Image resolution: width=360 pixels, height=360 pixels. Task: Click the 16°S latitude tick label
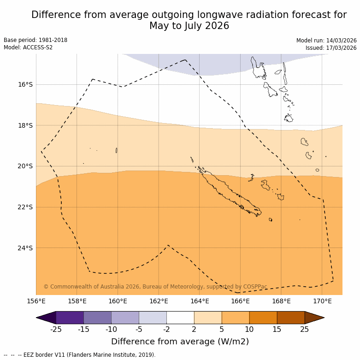[25, 84]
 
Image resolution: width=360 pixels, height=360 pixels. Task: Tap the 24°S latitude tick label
[25, 248]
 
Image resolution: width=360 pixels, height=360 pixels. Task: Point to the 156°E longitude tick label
[36, 301]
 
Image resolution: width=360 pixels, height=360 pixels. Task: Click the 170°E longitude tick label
[322, 301]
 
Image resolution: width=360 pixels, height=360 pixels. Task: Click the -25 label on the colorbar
[56, 329]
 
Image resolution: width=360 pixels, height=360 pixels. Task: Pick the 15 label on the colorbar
[277, 329]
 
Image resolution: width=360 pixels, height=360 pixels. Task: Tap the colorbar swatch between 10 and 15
[263, 318]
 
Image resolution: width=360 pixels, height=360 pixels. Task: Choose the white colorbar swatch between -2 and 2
[180, 318]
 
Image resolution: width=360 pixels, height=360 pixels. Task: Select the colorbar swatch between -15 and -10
[97, 318]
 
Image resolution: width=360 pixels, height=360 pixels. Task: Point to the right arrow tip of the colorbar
[323, 318]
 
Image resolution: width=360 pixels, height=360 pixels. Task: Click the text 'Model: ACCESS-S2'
[28, 47]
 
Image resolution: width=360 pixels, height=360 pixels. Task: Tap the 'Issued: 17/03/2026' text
[331, 48]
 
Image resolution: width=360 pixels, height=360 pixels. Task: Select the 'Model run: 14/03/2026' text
[326, 41]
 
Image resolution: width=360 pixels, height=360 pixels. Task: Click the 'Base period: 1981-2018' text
[35, 40]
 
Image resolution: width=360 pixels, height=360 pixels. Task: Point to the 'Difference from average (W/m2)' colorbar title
[180, 342]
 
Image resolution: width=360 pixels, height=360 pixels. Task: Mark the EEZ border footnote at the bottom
[80, 355]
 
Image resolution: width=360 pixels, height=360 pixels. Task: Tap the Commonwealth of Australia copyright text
[155, 287]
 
